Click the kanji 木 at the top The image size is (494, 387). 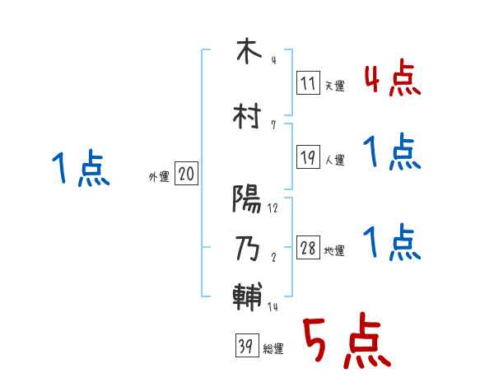tap(247, 52)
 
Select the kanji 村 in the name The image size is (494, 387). tap(247, 117)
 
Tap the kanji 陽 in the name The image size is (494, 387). tap(247, 199)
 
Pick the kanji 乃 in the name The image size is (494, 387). tap(247, 248)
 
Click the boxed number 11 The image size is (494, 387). tap(309, 83)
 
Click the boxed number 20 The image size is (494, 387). tap(187, 175)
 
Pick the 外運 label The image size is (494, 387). tap(158, 176)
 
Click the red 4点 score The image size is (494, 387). tap(392, 79)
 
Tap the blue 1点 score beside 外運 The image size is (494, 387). tap(80, 168)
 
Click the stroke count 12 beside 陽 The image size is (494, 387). tap(273, 208)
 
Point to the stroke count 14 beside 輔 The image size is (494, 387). tap(273, 308)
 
